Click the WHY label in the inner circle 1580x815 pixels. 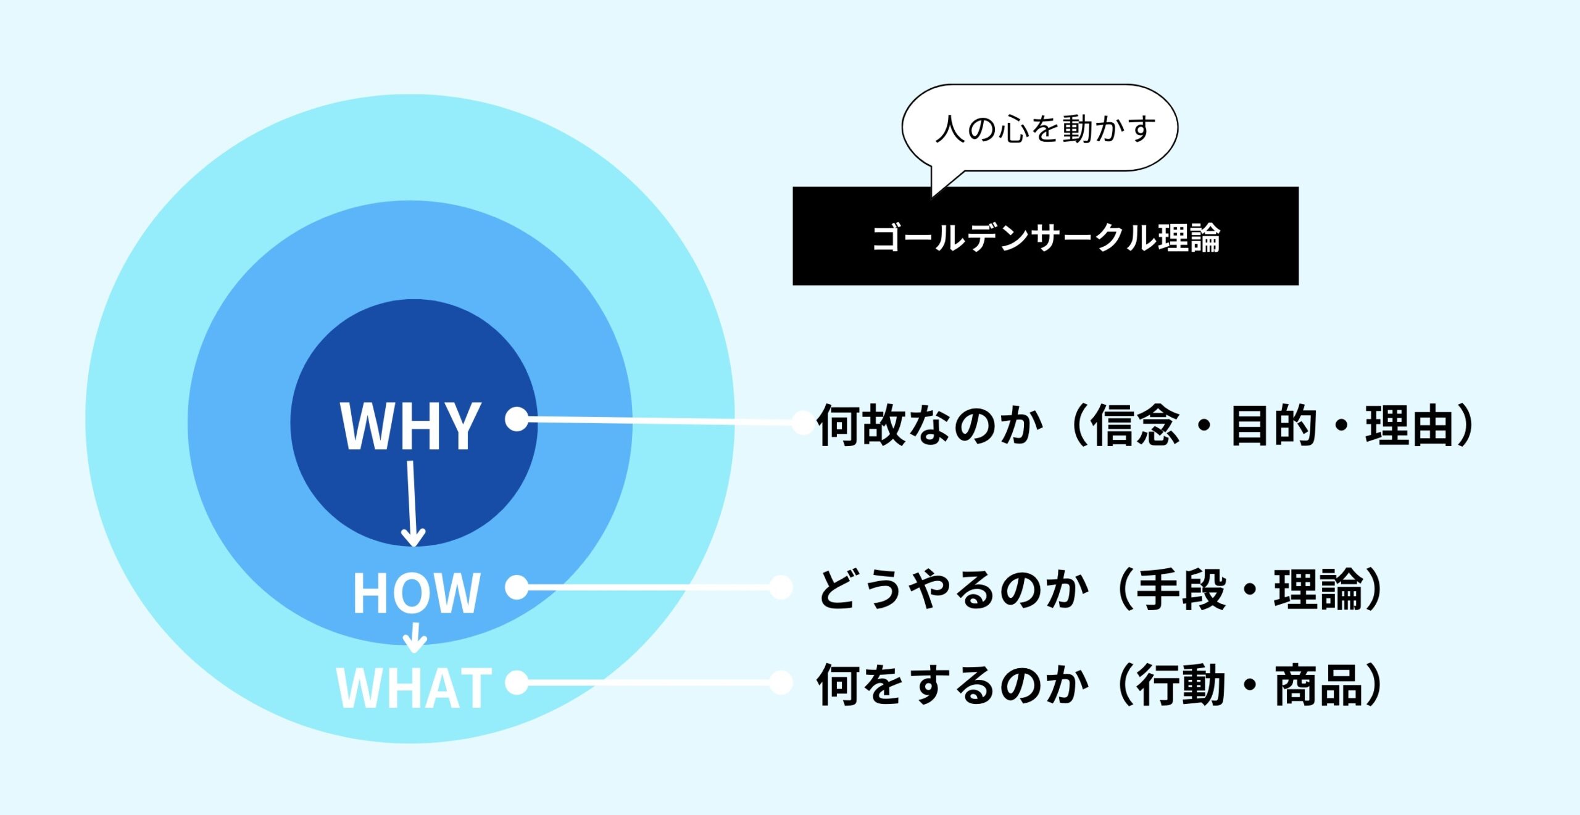410,426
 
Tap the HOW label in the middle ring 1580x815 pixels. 417,592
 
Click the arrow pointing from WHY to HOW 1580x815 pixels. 412,503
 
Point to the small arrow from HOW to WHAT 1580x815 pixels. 415,637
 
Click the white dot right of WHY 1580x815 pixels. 517,419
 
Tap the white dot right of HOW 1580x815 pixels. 517,587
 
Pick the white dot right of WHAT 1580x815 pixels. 517,682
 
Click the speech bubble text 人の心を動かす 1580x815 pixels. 1046,129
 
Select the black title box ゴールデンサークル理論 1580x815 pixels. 1046,236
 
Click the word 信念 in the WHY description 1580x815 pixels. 1134,425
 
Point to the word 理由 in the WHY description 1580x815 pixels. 1410,425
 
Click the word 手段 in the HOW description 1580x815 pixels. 1181,589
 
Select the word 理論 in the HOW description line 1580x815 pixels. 1318,589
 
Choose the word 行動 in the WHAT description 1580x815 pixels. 1181,685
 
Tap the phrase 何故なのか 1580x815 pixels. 929,425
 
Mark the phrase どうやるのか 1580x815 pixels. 954,589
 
